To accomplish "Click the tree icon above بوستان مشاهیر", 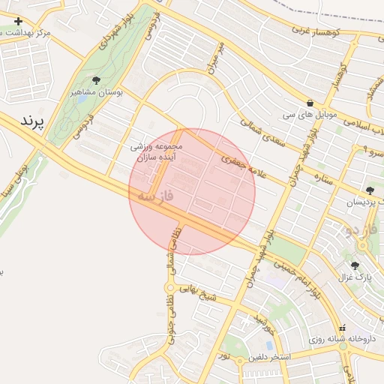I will point(96,80).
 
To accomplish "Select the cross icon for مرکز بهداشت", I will point(19,21).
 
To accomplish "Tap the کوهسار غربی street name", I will point(314,32).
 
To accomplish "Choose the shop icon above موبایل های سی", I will point(310,103).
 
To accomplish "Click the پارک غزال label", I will point(355,278).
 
